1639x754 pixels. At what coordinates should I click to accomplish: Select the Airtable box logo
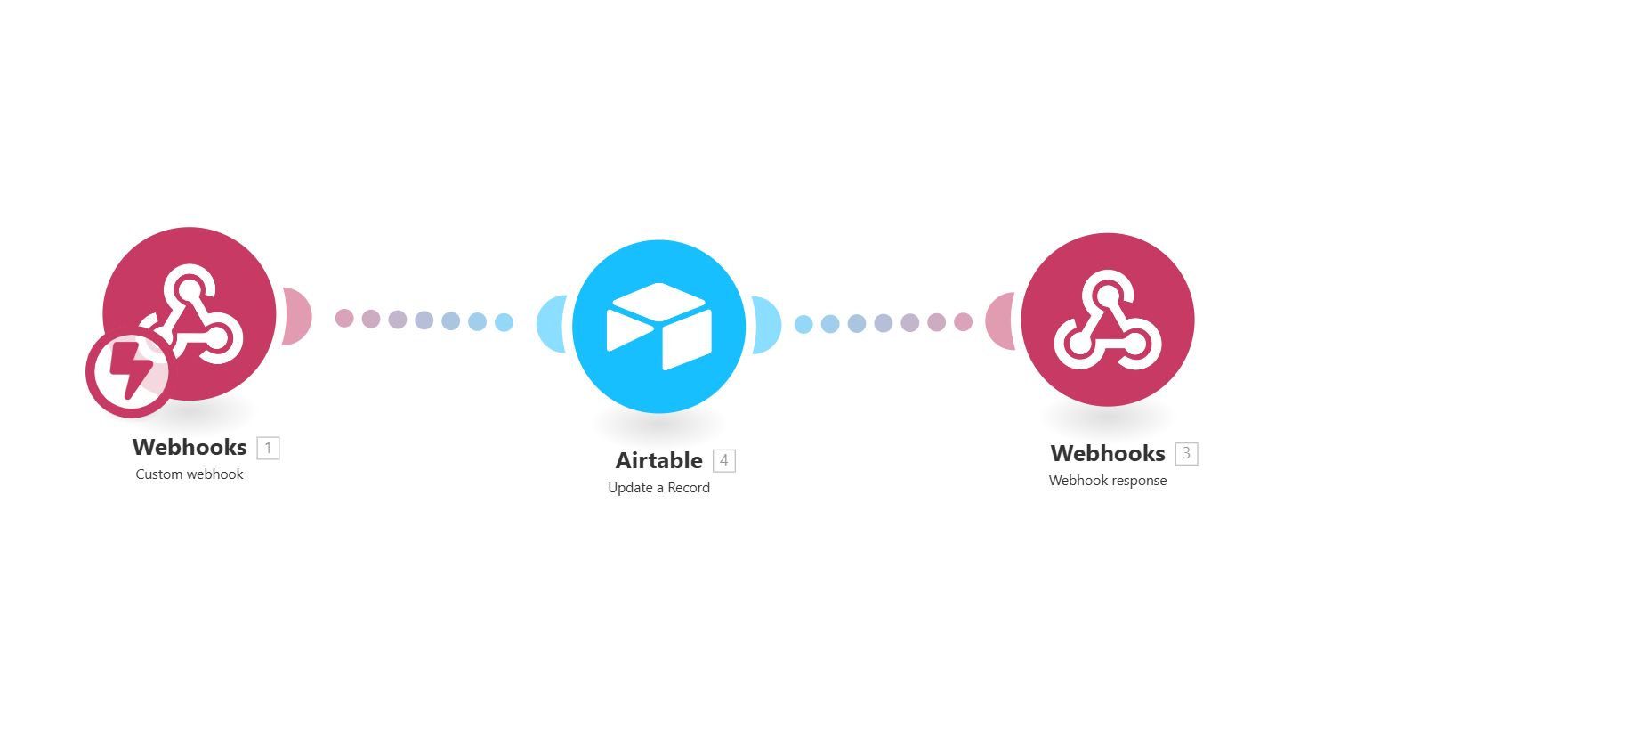[x=659, y=326]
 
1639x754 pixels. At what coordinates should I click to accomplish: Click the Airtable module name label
[x=659, y=460]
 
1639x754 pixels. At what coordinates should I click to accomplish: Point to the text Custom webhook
[x=190, y=474]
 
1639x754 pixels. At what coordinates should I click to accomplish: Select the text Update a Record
[x=659, y=488]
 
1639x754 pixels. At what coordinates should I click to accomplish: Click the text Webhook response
[x=1108, y=481]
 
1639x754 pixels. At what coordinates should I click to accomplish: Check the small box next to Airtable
[x=724, y=460]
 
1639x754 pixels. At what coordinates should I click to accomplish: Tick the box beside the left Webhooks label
[x=269, y=448]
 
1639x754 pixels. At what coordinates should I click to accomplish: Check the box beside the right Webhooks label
[x=1186, y=453]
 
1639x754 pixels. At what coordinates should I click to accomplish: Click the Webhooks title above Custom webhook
[x=190, y=447]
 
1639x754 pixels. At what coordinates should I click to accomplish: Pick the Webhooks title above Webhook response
[x=1108, y=453]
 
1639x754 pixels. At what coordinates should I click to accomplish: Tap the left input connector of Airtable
[x=551, y=324]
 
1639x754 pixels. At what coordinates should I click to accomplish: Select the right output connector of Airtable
[x=767, y=324]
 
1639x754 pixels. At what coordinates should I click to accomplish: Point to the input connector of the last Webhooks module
[x=1000, y=320]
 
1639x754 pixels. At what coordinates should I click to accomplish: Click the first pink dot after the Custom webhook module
[x=344, y=318]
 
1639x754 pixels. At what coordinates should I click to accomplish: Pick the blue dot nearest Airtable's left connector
[x=505, y=322]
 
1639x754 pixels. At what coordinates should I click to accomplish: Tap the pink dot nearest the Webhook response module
[x=964, y=321]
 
